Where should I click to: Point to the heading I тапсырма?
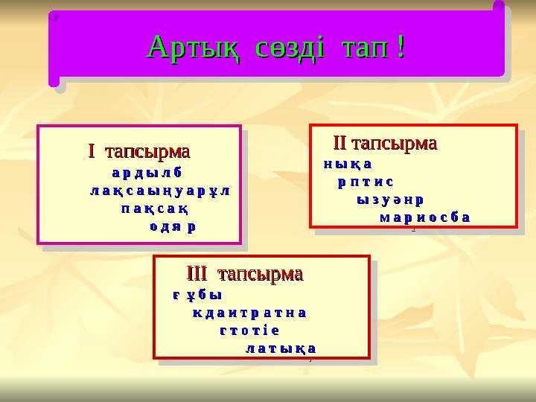(x=139, y=152)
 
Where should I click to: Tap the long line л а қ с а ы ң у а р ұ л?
(x=159, y=191)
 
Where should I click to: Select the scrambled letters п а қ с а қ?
(x=153, y=208)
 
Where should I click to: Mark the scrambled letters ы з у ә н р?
(x=391, y=200)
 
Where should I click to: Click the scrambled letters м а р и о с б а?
(x=424, y=217)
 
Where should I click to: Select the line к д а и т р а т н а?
(x=249, y=312)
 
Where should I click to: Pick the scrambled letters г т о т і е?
(x=249, y=330)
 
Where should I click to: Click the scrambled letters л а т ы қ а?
(x=281, y=348)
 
